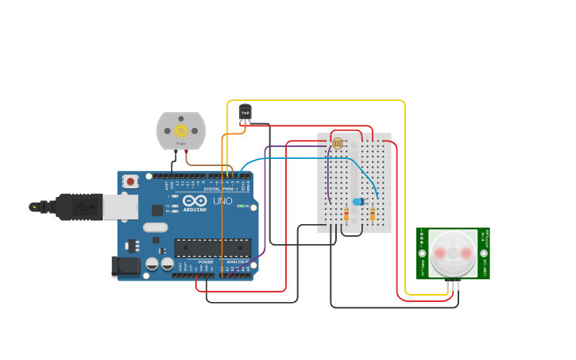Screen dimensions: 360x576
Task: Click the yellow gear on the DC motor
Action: [x=181, y=130]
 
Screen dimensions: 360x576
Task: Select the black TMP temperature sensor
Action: [x=245, y=113]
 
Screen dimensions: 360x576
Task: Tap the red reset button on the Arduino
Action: [x=130, y=181]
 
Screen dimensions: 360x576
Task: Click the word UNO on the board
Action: [x=222, y=201]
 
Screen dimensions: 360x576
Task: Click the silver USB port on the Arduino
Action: [x=120, y=207]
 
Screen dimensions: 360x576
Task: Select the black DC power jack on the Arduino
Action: [x=125, y=266]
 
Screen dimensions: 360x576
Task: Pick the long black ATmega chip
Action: [x=212, y=248]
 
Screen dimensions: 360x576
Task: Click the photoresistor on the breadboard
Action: [x=338, y=143]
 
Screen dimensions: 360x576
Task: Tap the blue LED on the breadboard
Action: [x=358, y=202]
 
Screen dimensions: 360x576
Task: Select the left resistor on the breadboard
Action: [x=346, y=214]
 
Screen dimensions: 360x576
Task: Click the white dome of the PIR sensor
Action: [x=453, y=252]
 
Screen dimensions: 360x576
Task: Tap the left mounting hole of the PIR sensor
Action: [x=422, y=254]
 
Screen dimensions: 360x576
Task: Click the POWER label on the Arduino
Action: [x=206, y=261]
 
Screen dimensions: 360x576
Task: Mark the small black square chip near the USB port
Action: [x=157, y=210]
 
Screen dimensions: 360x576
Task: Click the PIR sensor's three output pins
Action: [x=452, y=285]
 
